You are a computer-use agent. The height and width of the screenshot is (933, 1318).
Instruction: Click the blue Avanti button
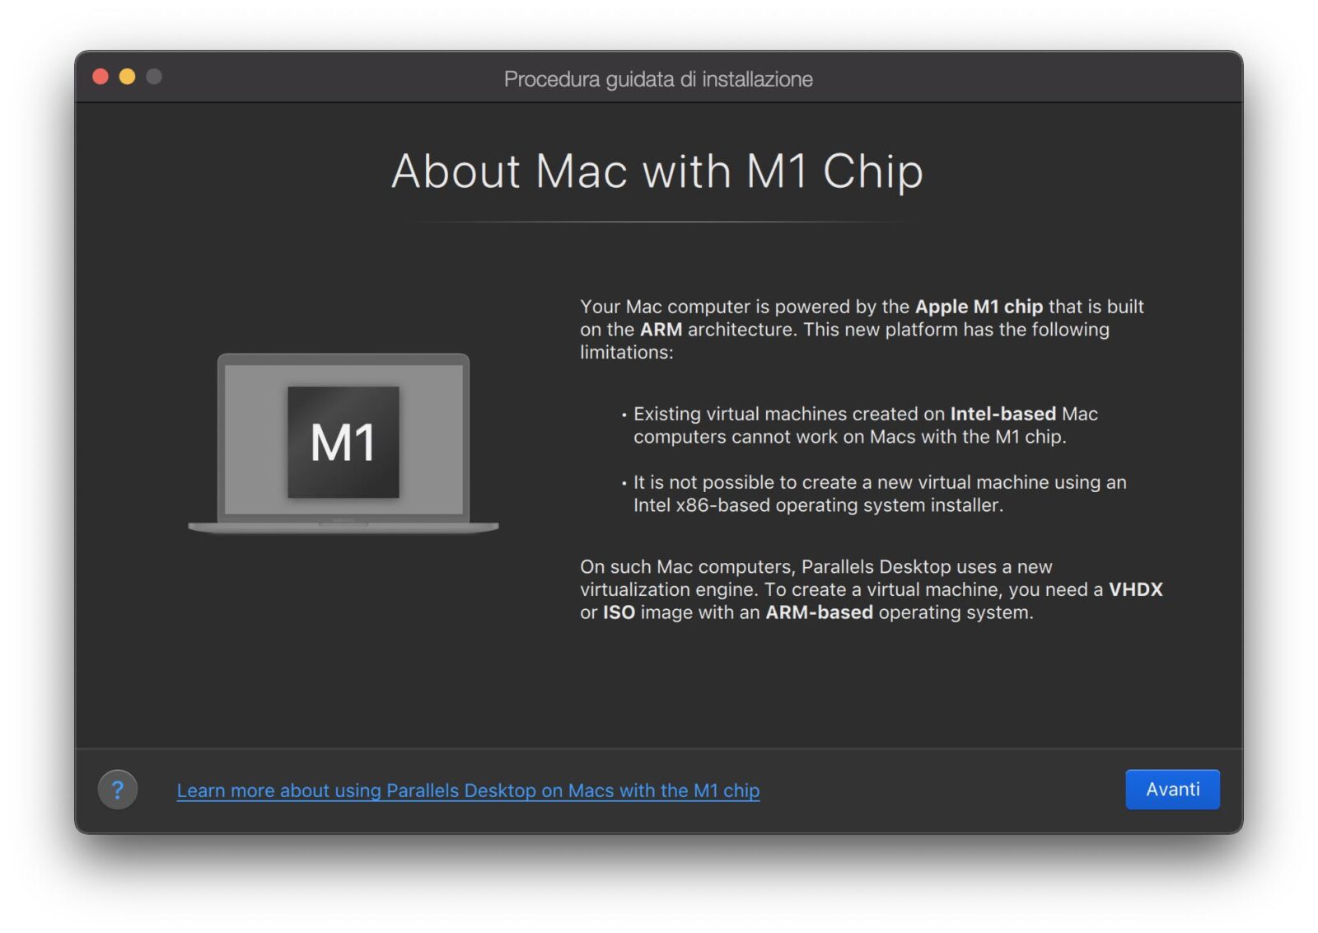[1172, 789]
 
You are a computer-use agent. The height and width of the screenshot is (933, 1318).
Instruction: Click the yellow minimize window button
[127, 77]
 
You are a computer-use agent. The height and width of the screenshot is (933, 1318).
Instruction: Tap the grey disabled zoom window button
[154, 77]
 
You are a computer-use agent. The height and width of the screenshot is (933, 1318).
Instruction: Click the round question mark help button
[118, 790]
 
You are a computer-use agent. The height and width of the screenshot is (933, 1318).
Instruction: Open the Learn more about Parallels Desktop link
[469, 790]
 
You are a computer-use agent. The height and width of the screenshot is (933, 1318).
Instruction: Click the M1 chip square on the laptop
[343, 442]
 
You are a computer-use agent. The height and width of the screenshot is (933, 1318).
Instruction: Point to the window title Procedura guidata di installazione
[658, 79]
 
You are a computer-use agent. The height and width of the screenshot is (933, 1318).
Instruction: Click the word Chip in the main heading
[873, 172]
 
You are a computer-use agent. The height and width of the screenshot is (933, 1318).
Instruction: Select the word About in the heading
[456, 171]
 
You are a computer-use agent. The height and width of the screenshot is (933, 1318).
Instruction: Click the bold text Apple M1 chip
[979, 307]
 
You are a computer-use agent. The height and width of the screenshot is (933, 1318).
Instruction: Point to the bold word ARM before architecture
[661, 330]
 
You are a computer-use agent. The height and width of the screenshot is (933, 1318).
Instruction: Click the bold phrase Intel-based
[1003, 414]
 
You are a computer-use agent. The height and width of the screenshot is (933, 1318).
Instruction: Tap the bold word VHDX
[1136, 589]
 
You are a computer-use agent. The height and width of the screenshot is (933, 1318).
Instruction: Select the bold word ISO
[619, 612]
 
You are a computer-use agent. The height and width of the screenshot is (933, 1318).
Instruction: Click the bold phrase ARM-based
[819, 612]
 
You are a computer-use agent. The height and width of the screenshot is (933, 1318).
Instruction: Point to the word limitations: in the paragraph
[627, 352]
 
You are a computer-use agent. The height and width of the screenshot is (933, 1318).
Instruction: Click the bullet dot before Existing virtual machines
[624, 415]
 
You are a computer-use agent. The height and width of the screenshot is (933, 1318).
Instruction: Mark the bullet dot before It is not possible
[624, 484]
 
